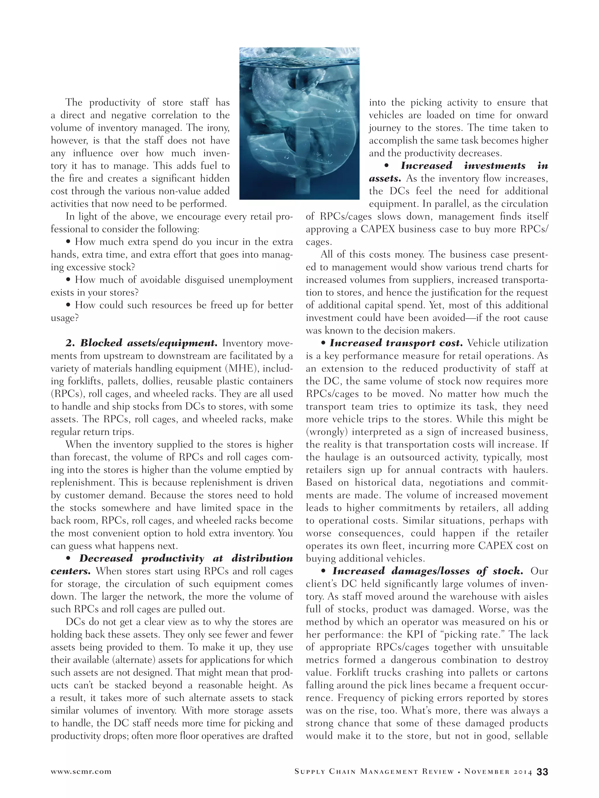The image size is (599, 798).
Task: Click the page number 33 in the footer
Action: point(542,772)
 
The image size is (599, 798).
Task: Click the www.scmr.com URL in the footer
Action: point(81,772)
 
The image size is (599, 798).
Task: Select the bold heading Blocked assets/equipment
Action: point(148,343)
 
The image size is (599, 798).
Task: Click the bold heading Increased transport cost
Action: point(396,343)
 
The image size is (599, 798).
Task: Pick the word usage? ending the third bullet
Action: point(65,318)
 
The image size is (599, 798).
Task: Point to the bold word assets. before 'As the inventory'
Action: point(385,178)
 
